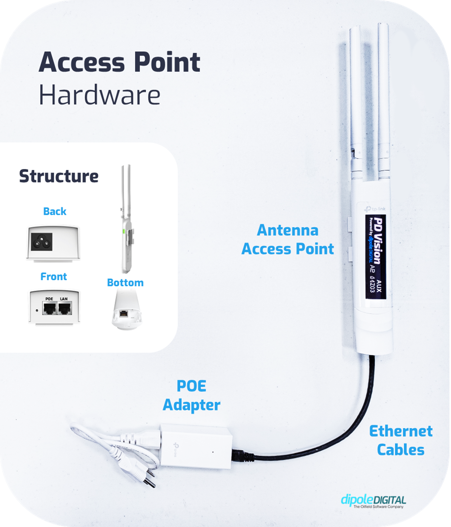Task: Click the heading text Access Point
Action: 119,62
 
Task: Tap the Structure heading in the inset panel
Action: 59,176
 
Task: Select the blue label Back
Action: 55,211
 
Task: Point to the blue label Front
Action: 54,276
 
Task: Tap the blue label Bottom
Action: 125,283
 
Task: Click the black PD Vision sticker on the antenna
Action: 375,256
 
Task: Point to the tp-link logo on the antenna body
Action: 375,209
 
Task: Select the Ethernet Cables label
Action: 401,440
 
